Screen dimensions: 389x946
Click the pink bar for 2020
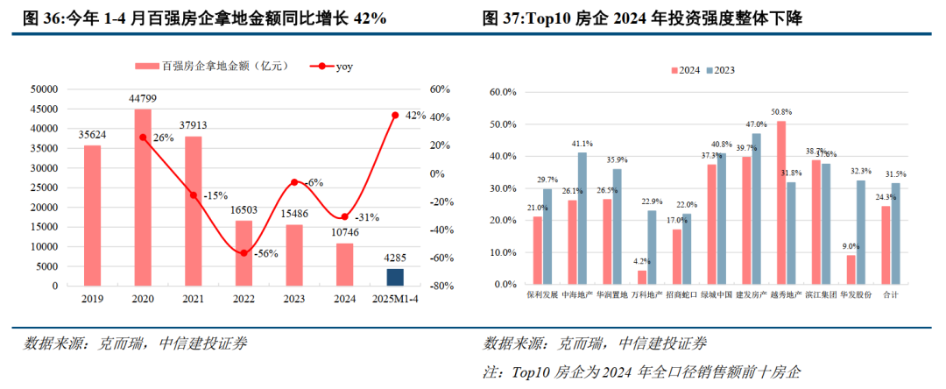[x=143, y=197]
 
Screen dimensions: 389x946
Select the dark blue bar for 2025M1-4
[x=396, y=277]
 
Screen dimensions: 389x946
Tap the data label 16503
[x=244, y=211]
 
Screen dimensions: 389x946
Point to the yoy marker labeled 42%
[x=396, y=116]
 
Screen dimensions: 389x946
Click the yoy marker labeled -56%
[x=244, y=253]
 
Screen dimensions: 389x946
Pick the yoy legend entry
[x=325, y=67]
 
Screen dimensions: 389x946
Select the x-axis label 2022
[x=244, y=299]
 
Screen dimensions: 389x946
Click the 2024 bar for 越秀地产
[x=781, y=202]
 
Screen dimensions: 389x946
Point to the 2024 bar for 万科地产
[x=642, y=277]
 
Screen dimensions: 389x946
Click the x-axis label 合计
[x=891, y=295]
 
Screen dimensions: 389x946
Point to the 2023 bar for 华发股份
[x=861, y=232]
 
